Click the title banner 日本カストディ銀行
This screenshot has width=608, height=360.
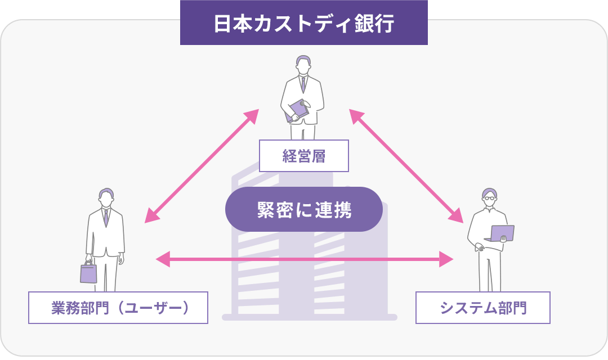(304, 24)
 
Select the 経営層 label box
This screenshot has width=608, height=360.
(304, 156)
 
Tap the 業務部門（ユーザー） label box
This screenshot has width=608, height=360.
(118, 308)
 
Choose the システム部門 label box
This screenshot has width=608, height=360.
(482, 308)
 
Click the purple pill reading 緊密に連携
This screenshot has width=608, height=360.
(304, 209)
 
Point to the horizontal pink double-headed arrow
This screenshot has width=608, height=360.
(304, 259)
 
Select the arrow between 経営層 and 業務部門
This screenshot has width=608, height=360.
(202, 166)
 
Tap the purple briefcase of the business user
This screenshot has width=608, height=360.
(88, 273)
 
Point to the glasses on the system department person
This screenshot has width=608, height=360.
(490, 197)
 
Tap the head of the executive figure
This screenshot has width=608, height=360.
(303, 64)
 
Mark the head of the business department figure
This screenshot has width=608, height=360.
(105, 197)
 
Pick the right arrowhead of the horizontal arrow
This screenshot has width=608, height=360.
(446, 259)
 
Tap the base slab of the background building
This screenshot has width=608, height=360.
(310, 317)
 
